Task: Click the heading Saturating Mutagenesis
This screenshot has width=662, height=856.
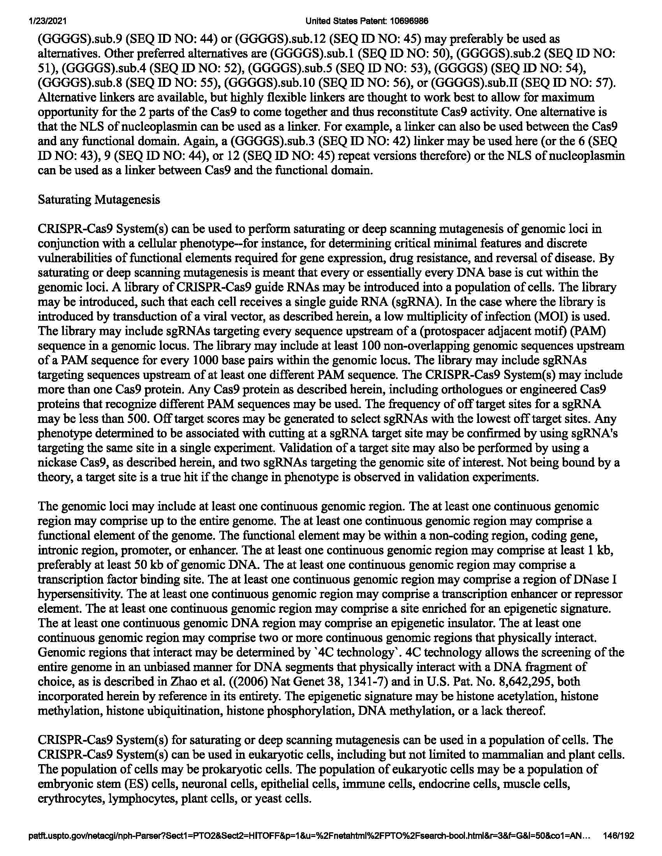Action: click(x=99, y=200)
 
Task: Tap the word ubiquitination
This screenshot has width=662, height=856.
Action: click(x=184, y=711)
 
